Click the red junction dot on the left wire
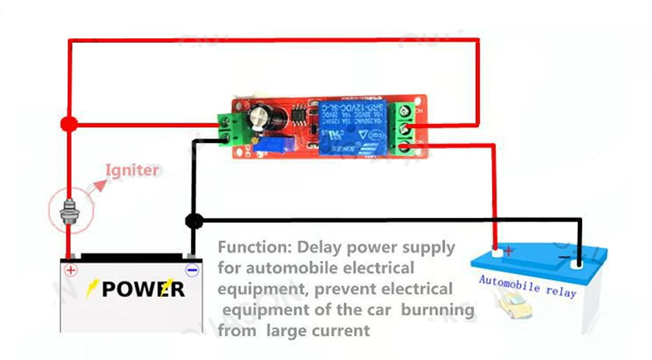pyautogui.click(x=68, y=124)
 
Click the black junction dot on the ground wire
pyautogui.click(x=194, y=221)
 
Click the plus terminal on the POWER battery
pyautogui.click(x=71, y=269)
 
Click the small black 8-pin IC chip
pyautogui.click(x=299, y=114)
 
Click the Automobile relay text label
pyautogui.click(x=527, y=286)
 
